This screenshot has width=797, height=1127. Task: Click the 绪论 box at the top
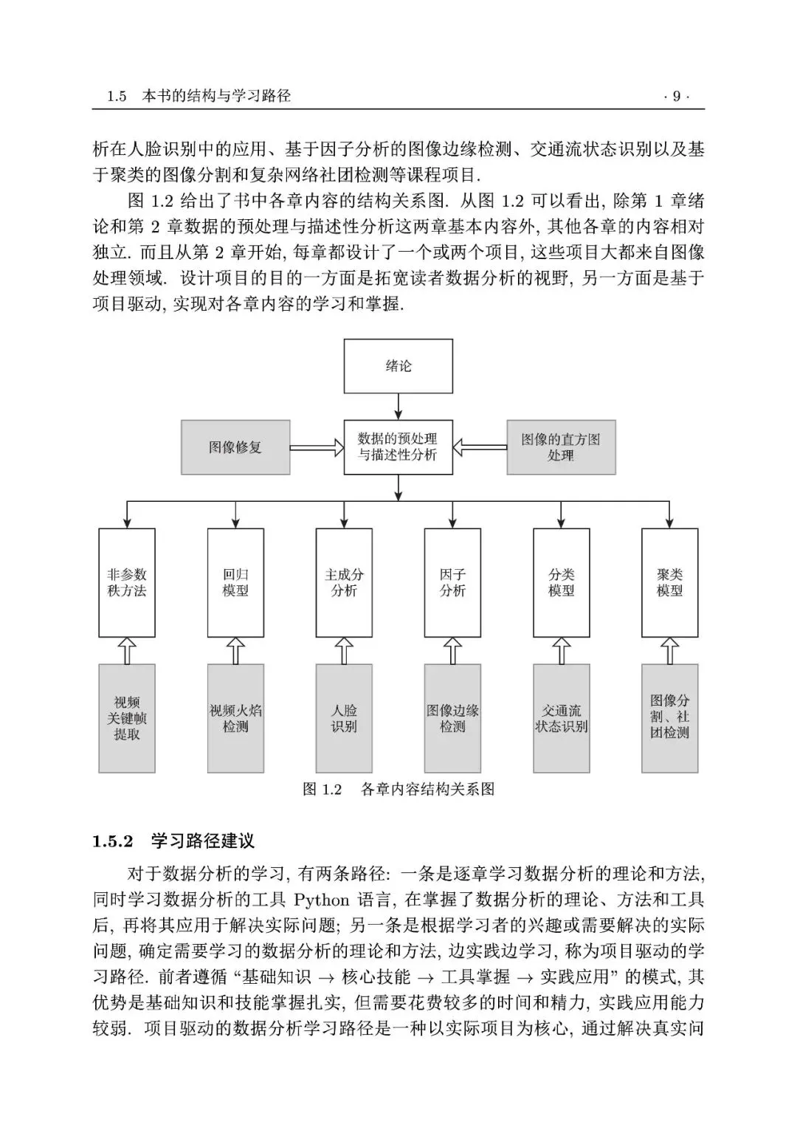398,366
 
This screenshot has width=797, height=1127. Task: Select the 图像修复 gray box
235,447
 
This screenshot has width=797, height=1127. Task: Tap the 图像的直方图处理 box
561,447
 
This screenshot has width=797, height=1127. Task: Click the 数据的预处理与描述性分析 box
398,447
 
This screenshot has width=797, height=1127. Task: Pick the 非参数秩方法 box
127,582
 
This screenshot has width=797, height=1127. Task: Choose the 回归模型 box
235,582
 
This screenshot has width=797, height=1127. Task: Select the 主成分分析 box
344,582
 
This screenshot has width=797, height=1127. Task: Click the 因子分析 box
452,582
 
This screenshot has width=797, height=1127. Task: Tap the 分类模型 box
562,582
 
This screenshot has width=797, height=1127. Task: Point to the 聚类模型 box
670,582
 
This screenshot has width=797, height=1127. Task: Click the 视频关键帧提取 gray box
127,718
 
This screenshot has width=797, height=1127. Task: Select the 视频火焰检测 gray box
235,718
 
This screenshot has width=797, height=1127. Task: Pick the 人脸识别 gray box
344,718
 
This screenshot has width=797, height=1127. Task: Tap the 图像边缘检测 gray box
452,718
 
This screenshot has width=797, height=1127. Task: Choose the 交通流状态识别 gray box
562,718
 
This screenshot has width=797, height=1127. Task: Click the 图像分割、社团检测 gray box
670,718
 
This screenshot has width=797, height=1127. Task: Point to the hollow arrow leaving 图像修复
317,447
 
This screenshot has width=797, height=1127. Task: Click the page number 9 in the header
677,96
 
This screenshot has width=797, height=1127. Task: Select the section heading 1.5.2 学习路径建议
173,841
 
